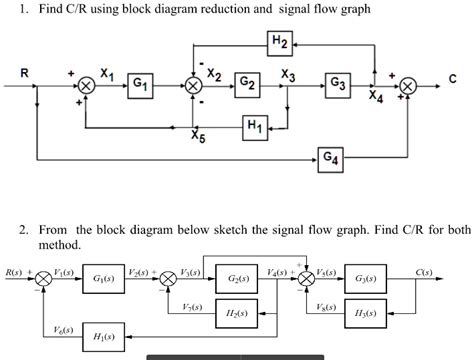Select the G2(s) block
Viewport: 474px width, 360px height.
click(240, 279)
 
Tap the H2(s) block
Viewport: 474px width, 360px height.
click(240, 312)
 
